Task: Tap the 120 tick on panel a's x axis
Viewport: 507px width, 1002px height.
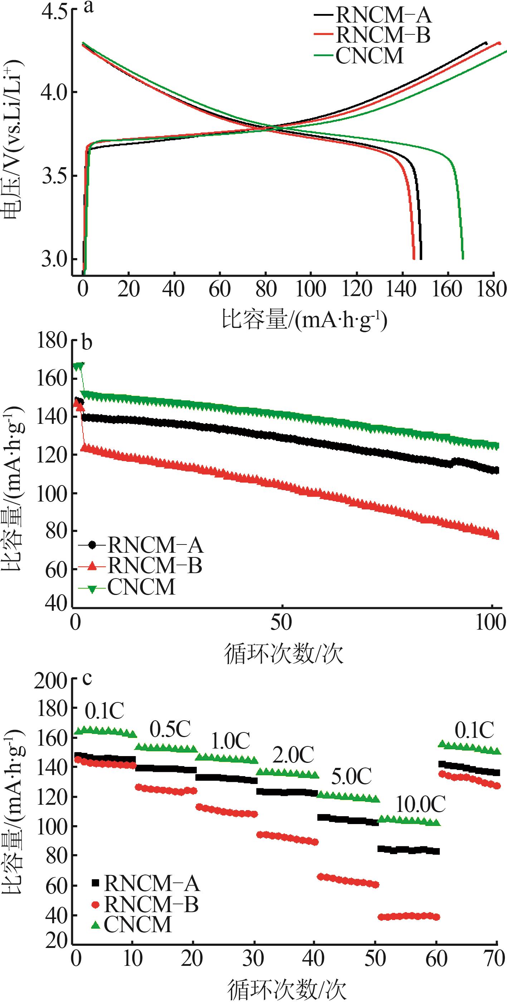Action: [x=357, y=289]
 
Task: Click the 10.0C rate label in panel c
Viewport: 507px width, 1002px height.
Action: [x=420, y=804]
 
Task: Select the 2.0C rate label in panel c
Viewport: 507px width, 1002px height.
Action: [x=293, y=755]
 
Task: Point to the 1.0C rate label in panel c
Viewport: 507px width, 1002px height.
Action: [x=230, y=740]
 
